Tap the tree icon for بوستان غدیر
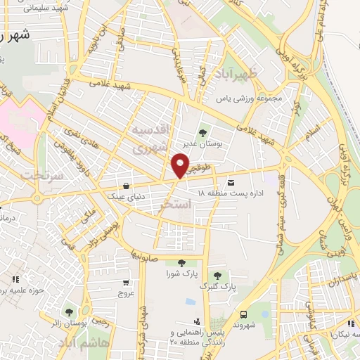[203, 131]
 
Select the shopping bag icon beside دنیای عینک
[125, 186]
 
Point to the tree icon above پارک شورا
[182, 263]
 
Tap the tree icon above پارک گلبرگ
[217, 276]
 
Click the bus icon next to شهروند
[243, 314]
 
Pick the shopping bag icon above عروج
[126, 283]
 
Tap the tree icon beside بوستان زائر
[68, 311]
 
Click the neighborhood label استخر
[174, 205]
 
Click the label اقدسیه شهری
[150, 139]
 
